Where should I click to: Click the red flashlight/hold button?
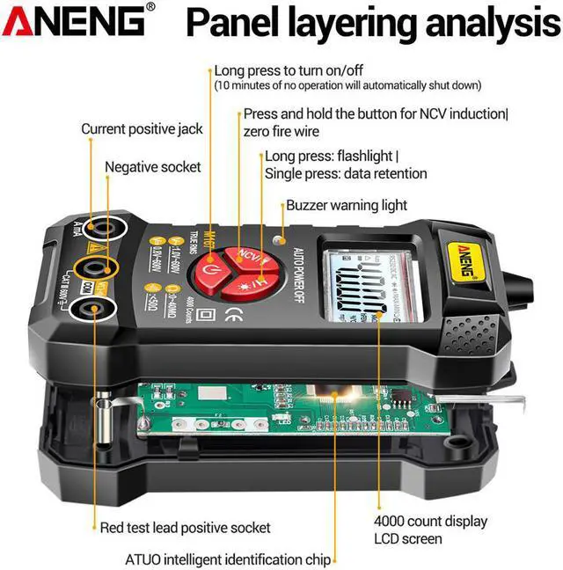pyautogui.click(x=260, y=284)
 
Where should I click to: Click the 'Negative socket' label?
pyautogui.click(x=153, y=167)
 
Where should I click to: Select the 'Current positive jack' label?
pyautogui.click(x=142, y=129)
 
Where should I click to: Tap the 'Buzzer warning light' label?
pyautogui.click(x=347, y=205)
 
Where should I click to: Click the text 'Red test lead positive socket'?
pyautogui.click(x=185, y=528)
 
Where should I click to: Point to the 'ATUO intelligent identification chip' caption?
pyautogui.click(x=228, y=559)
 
